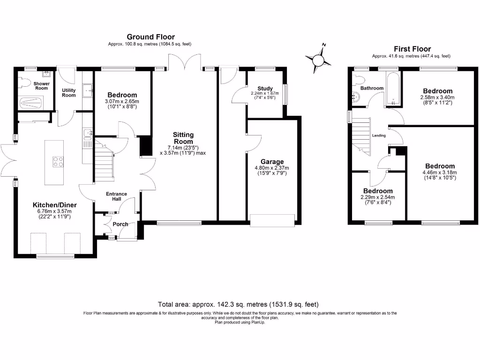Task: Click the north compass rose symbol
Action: coord(318,60)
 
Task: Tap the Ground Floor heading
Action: coord(150,37)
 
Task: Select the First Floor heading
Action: coord(412,49)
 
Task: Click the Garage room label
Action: coord(272,162)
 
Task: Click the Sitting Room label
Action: coord(183,138)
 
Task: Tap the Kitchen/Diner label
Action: coord(54,205)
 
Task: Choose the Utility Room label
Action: coord(69,92)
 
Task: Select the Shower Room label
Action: coord(41,86)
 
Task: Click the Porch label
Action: coord(120,224)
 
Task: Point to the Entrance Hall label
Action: coord(117,197)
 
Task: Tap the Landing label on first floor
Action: coord(379,136)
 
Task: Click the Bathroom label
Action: coord(372,88)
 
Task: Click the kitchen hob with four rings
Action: coord(58,161)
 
